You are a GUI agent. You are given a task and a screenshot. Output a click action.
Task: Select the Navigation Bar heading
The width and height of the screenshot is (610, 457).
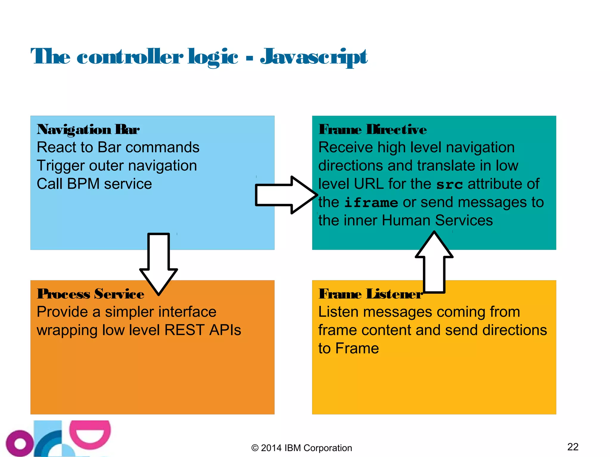coord(88,129)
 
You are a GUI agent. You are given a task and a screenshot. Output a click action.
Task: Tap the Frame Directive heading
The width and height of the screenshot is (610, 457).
coord(372,129)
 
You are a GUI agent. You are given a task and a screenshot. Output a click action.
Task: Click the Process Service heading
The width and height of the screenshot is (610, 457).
coord(91,294)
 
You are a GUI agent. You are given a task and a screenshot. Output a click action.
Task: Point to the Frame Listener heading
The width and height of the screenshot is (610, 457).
coord(370,294)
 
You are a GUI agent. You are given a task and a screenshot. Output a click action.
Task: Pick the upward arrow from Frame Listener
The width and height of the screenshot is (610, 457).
coord(434,262)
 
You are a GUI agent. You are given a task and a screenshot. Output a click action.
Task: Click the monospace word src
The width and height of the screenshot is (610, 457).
coord(449,184)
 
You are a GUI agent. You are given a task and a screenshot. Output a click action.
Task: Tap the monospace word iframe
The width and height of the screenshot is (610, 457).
coord(371,203)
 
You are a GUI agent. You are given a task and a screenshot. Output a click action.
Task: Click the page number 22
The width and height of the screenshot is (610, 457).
coord(573,447)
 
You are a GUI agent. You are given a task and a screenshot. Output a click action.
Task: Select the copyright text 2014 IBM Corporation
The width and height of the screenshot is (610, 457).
coord(301,448)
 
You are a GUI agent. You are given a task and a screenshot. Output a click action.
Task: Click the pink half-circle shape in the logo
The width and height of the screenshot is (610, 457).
coord(90,434)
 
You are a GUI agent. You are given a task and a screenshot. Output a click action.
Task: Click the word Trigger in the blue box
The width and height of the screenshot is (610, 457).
coord(61,166)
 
